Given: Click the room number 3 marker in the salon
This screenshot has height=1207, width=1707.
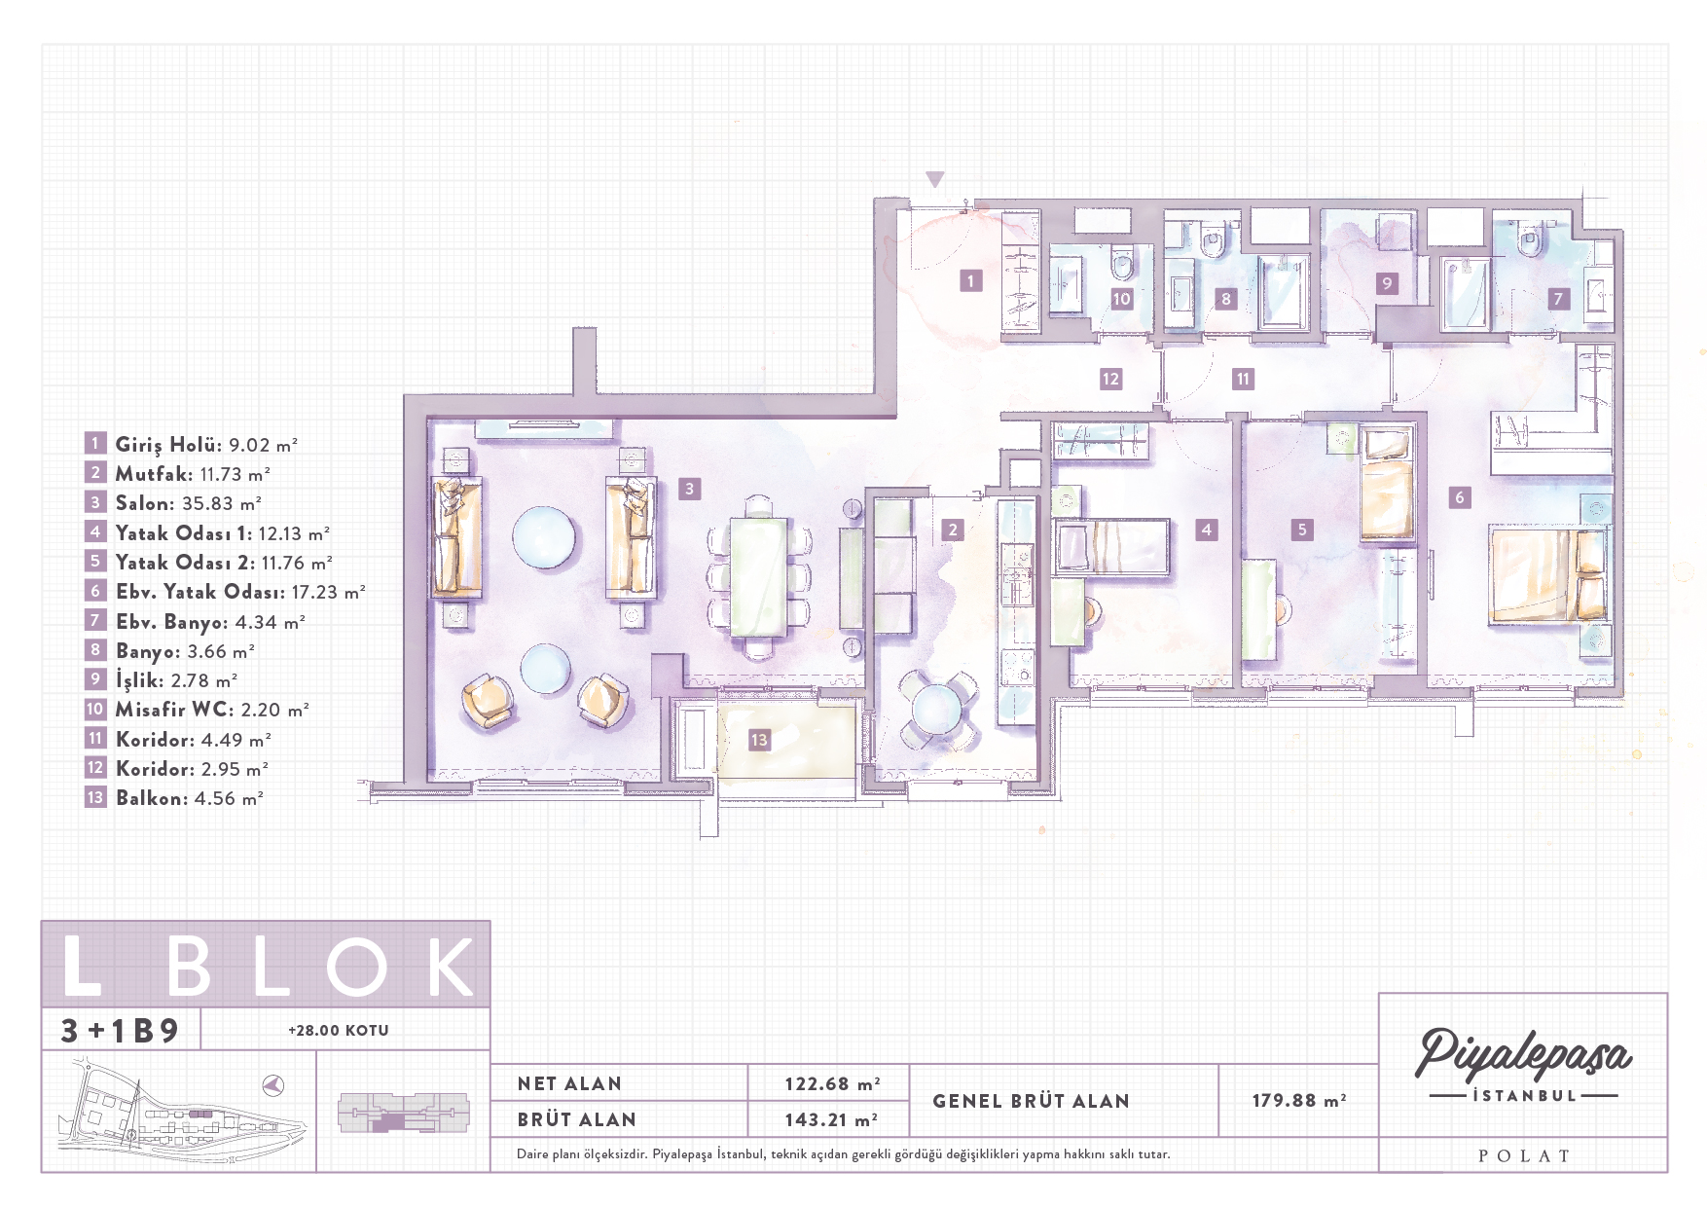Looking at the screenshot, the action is pos(689,489).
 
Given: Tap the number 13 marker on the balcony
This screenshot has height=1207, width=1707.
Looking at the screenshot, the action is pos(759,740).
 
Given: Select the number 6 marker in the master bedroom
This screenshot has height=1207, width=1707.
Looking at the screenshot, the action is pos(1459,497).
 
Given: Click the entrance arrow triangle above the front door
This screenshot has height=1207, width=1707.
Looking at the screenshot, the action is pos(935,179).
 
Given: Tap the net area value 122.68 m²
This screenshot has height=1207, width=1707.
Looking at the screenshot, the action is pos(833,1083).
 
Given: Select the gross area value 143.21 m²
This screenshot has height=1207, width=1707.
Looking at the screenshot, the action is pos(832,1119).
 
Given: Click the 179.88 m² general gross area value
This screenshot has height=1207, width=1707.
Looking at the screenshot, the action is pos(1299,1100).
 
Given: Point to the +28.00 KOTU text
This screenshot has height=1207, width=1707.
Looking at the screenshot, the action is pos(339,1030).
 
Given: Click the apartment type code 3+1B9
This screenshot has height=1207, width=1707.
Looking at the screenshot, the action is pos(121,1031).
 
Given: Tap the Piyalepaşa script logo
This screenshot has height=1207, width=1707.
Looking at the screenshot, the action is pos(1524,1054).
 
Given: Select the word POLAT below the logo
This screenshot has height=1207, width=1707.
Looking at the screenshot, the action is pos(1524,1156).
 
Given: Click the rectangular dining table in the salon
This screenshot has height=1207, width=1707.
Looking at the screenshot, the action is pos(759,577).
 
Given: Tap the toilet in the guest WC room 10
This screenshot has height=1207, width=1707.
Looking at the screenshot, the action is pos(1122,263).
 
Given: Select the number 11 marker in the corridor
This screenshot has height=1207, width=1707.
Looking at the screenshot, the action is pos(1243,379).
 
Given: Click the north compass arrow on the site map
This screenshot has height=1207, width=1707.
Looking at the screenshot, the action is pos(273,1084).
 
